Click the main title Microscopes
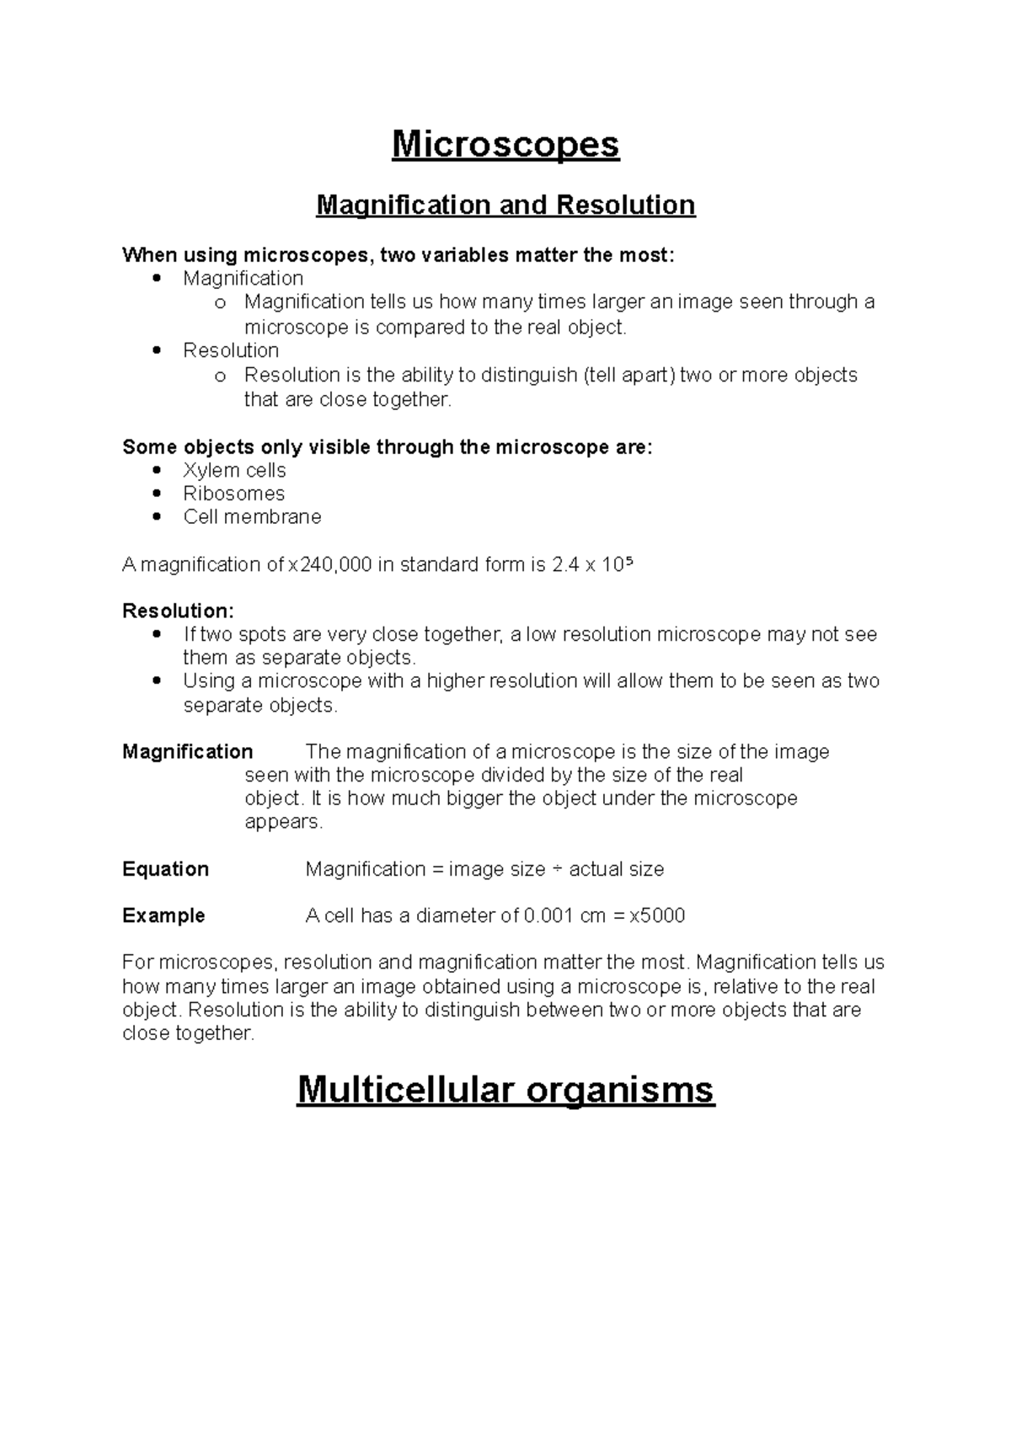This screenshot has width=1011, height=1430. (x=505, y=145)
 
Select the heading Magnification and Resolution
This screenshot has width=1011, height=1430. (x=505, y=205)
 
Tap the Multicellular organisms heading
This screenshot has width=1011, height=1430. (x=505, y=1090)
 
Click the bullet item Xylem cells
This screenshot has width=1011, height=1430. (x=234, y=471)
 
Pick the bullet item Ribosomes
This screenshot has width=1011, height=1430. (x=233, y=494)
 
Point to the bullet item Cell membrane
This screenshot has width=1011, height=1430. (x=252, y=517)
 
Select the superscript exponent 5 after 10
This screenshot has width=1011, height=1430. (x=628, y=560)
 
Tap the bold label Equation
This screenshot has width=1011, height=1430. (x=165, y=869)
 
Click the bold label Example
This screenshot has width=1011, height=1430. (x=163, y=915)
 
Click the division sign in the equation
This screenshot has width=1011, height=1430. (x=557, y=869)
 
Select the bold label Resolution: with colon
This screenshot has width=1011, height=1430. (x=178, y=611)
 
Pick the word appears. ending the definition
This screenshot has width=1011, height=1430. (x=283, y=822)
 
